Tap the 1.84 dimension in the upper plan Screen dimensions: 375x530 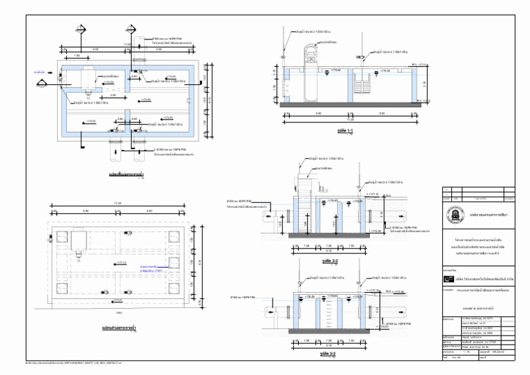(x=77, y=55)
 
